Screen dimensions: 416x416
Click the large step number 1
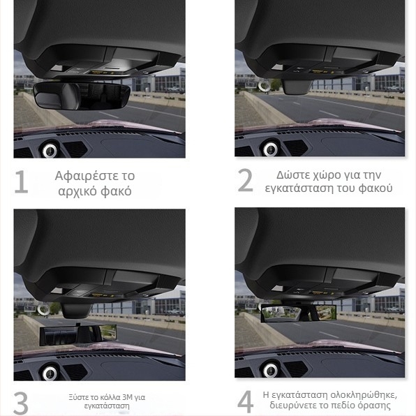click(22, 181)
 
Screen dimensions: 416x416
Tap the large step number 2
click(246, 180)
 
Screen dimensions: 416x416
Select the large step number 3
click(21, 403)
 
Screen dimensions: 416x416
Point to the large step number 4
click(246, 401)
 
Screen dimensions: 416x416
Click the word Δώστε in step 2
click(291, 174)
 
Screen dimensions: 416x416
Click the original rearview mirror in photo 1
click(82, 96)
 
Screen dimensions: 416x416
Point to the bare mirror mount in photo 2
click(297, 87)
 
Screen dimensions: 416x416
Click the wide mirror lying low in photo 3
click(77, 335)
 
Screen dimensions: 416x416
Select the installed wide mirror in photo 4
click(299, 313)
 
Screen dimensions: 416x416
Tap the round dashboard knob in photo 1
click(50, 150)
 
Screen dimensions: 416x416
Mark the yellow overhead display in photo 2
click(322, 72)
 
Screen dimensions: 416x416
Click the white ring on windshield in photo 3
click(43, 310)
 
